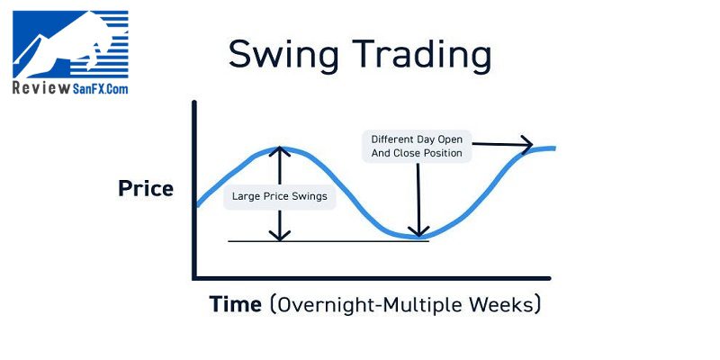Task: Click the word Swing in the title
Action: [x=283, y=56]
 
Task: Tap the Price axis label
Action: [x=146, y=188]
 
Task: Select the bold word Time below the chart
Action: [x=236, y=304]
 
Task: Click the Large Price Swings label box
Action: [x=280, y=196]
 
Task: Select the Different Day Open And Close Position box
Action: [x=417, y=146]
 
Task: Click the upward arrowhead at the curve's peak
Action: [x=279, y=152]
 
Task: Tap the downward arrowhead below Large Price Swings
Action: [x=279, y=235]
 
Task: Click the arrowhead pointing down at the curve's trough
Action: [x=418, y=231]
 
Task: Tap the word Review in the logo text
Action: [x=41, y=88]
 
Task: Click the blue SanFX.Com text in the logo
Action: [x=100, y=88]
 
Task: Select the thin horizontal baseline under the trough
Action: [x=328, y=241]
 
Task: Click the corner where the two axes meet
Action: [x=194, y=278]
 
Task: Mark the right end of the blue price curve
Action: [x=554, y=148]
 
